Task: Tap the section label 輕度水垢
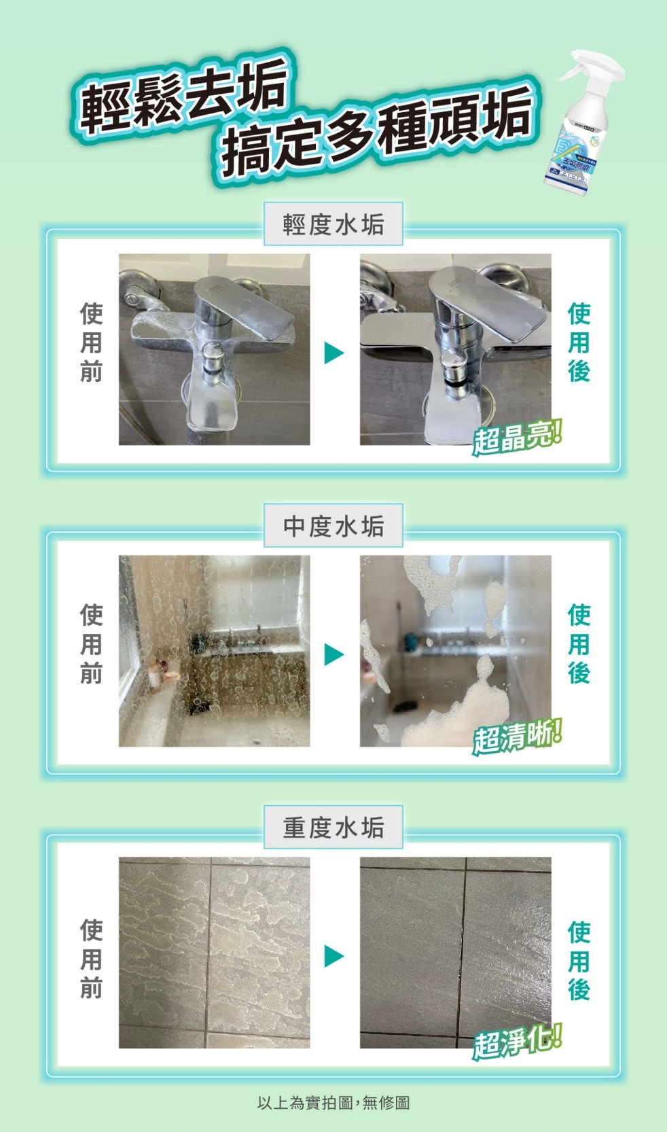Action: (333, 224)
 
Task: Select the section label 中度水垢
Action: (333, 526)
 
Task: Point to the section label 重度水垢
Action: (333, 828)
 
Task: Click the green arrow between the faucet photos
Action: (333, 353)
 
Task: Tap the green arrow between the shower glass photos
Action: (333, 654)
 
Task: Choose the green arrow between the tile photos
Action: (333, 956)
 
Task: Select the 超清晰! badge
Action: (517, 738)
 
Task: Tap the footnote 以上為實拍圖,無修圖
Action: (333, 1102)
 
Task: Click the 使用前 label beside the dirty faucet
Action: (92, 343)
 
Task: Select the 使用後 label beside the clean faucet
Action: (579, 343)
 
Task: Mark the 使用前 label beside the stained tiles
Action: (92, 958)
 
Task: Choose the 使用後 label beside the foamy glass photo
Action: (579, 644)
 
